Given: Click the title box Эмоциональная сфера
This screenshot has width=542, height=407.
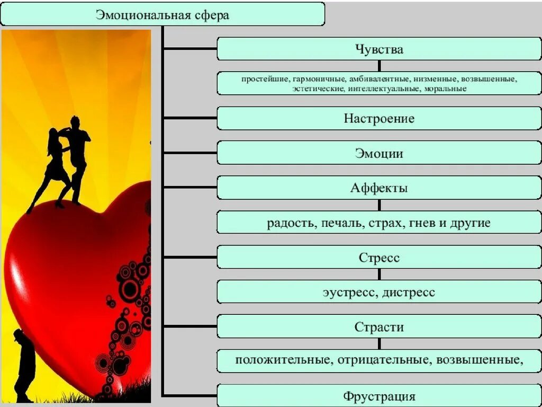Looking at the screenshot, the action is click(162, 14).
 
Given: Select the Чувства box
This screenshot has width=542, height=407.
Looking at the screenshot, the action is click(379, 49).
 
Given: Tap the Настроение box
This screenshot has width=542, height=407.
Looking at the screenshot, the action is click(379, 119).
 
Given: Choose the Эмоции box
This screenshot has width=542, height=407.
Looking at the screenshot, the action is click(379, 153).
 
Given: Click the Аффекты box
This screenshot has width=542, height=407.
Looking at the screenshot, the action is click(379, 188).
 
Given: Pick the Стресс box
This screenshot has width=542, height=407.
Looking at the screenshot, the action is click(379, 258).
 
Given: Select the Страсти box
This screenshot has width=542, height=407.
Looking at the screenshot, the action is click(379, 327).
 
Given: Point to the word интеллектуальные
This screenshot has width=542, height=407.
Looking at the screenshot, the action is click(384, 89).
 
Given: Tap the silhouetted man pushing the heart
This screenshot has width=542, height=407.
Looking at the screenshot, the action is click(22, 366).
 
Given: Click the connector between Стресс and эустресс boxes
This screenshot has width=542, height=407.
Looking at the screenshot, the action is click(379, 275).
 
